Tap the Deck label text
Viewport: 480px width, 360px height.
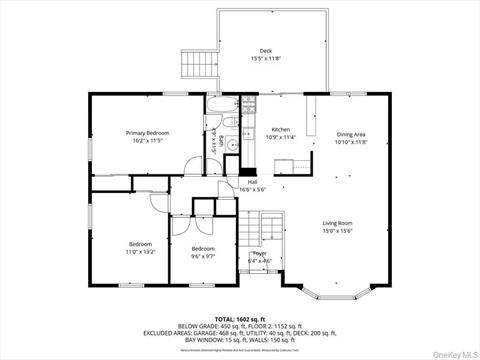[266, 51]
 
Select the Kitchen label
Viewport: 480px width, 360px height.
[281, 130]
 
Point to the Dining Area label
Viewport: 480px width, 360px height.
[351, 134]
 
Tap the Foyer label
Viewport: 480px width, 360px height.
[259, 254]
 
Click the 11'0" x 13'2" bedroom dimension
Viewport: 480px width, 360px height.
[140, 252]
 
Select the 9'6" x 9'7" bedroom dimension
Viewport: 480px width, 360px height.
[203, 256]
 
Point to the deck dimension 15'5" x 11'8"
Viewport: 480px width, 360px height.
[266, 59]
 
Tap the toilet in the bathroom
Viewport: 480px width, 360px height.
[231, 124]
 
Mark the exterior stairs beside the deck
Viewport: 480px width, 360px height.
[196, 66]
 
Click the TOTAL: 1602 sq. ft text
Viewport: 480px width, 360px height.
[240, 317]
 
